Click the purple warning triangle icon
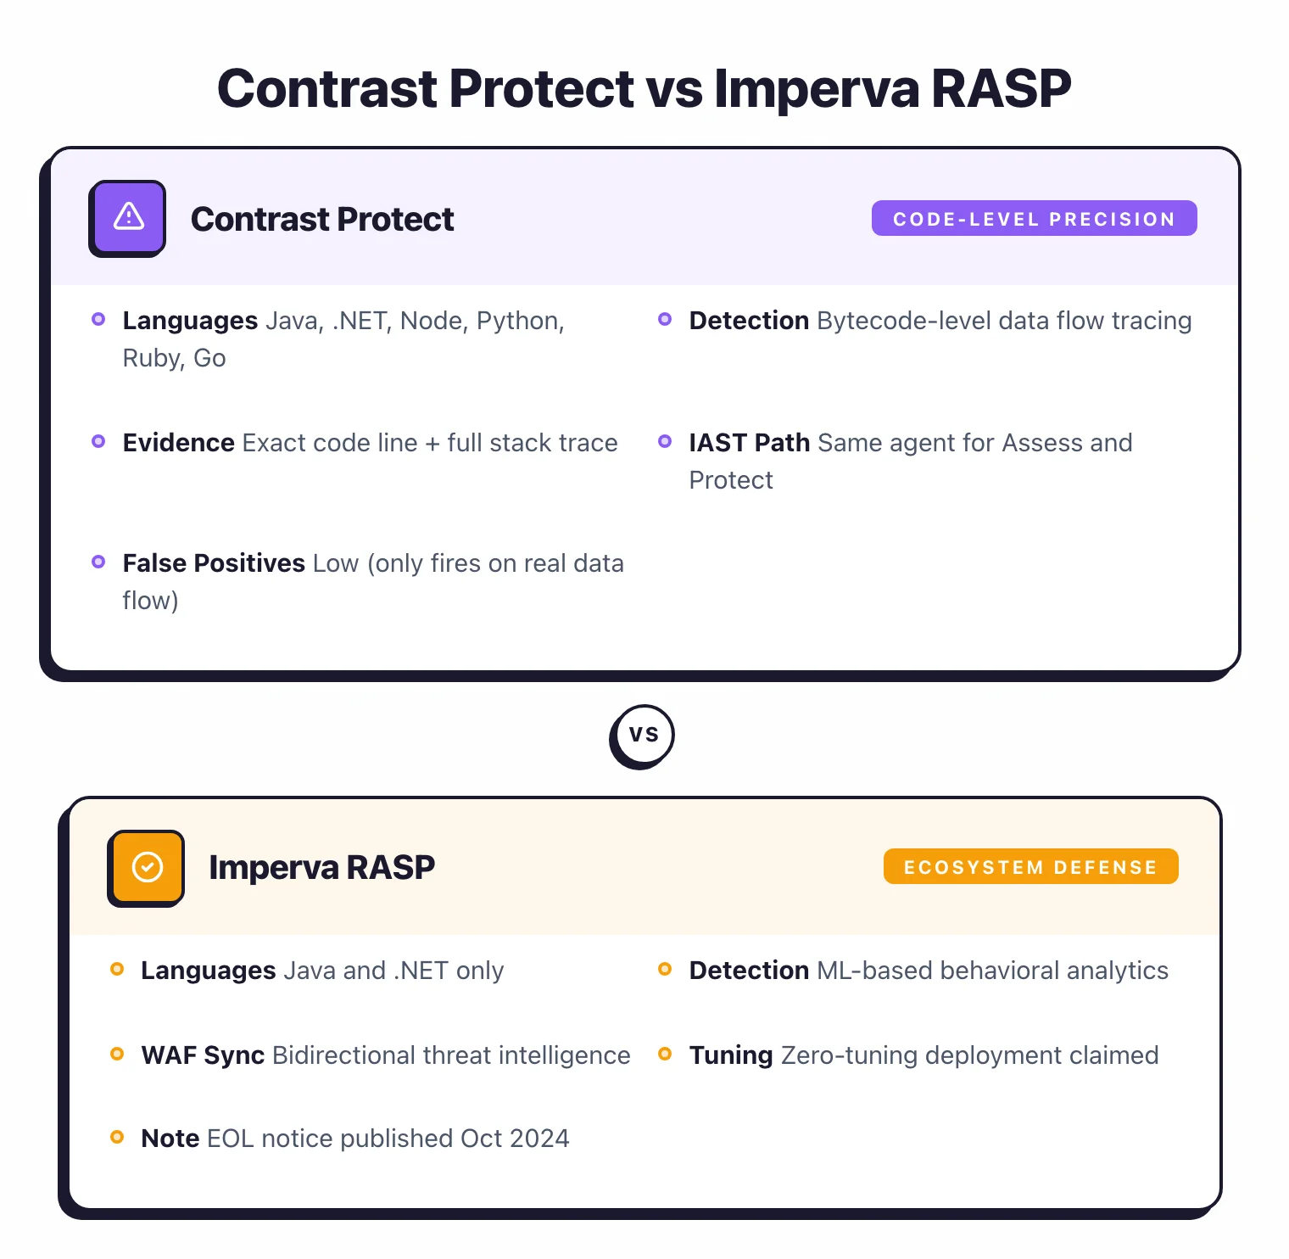click(128, 218)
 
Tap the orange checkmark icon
click(147, 867)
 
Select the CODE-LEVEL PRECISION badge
click(1034, 219)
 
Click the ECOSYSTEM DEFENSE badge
click(1030, 867)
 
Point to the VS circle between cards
click(643, 736)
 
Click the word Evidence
click(178, 443)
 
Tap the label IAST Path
click(749, 443)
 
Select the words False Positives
click(214, 563)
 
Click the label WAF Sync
click(203, 1055)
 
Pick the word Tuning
click(730, 1055)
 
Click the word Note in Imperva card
click(170, 1139)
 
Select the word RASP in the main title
click(1001, 88)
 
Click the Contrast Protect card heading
click(322, 219)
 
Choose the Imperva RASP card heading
click(321, 867)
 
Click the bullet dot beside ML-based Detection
click(665, 969)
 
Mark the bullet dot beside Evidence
click(98, 441)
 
